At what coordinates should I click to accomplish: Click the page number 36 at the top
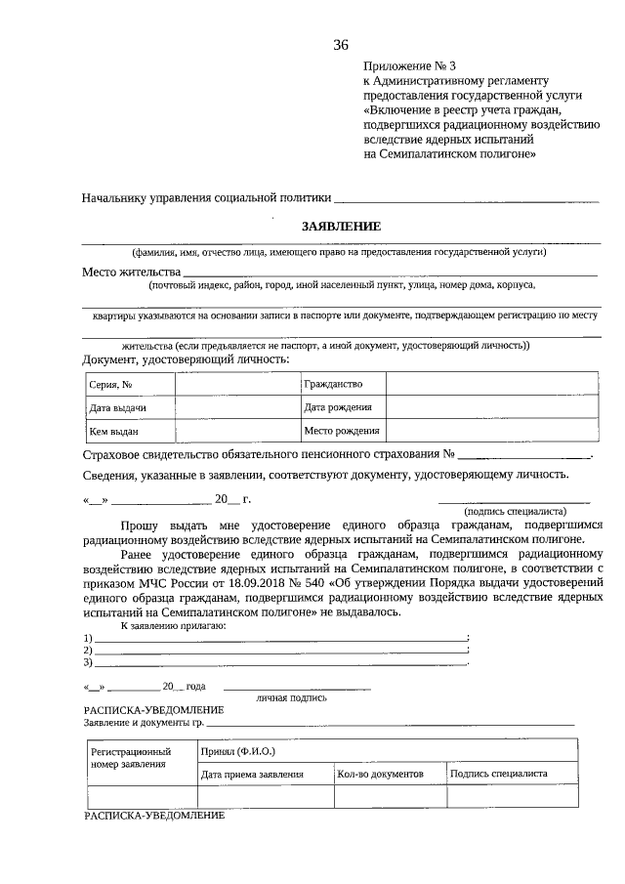click(x=341, y=45)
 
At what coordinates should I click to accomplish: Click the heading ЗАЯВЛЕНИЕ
click(x=341, y=226)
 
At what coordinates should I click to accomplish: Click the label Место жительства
click(x=131, y=271)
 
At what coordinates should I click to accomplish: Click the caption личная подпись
click(x=292, y=697)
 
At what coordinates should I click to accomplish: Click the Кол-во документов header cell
click(x=380, y=774)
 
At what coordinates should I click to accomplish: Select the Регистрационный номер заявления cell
click(x=138, y=758)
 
